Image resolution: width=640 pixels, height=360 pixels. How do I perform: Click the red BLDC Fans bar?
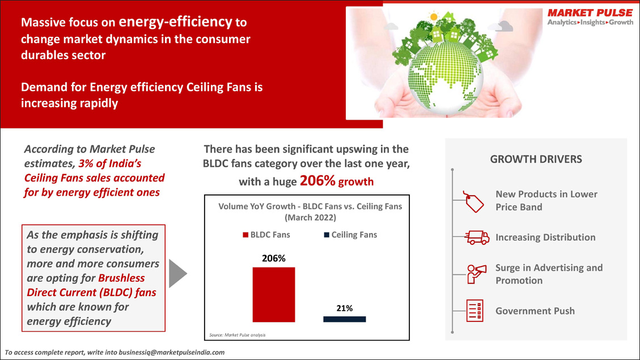[x=273, y=295]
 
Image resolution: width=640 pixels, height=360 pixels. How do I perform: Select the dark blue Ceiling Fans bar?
[x=345, y=319]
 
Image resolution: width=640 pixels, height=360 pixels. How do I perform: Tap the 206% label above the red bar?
[x=273, y=259]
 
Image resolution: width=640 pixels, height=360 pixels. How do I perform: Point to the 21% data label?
[x=345, y=308]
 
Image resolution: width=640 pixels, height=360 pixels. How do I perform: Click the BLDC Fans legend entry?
[x=266, y=235]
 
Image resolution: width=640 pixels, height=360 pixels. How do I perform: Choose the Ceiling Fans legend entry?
[x=350, y=235]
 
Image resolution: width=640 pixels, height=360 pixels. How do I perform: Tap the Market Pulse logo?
[x=590, y=17]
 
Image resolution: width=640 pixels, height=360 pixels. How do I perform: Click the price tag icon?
[x=473, y=202]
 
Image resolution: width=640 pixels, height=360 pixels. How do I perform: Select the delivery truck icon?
[x=477, y=238]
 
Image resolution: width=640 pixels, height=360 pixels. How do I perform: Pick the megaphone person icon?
[x=476, y=273]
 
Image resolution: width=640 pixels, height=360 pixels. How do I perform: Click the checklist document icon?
[x=474, y=311]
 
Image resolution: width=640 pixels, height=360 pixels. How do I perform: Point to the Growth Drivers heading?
[x=536, y=159]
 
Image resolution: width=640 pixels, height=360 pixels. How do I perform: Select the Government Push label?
[x=535, y=311]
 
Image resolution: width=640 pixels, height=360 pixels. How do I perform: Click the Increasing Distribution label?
[x=545, y=238]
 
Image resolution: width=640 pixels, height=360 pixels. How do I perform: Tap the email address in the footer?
[x=171, y=352]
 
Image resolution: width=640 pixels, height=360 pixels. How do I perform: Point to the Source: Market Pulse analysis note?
[x=237, y=335]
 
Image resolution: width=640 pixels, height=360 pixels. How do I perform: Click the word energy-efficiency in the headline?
[x=176, y=21]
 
